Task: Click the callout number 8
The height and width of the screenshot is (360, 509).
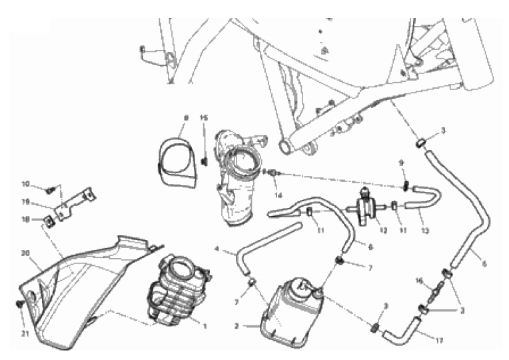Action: (x=187, y=118)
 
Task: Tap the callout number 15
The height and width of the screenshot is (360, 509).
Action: (x=205, y=118)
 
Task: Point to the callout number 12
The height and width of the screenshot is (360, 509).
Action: (x=382, y=231)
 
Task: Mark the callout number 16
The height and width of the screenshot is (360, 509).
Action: (x=418, y=281)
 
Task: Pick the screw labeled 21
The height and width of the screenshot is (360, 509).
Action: (x=19, y=305)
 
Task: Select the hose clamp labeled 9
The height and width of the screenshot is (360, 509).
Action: (x=404, y=184)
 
